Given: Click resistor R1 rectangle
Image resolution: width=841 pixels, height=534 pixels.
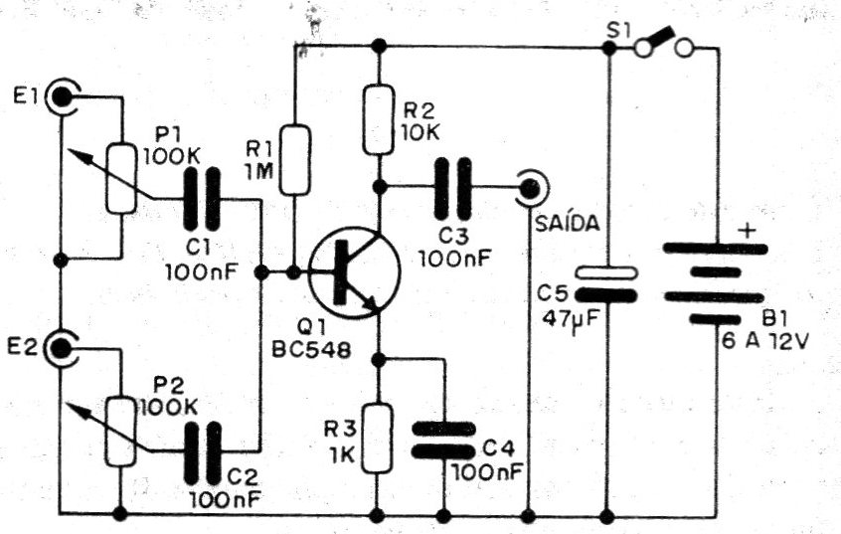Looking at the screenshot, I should (294, 159).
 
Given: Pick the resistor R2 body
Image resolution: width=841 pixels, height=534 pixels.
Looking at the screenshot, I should (378, 120).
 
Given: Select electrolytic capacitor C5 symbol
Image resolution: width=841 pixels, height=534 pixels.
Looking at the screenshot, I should (606, 282).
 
